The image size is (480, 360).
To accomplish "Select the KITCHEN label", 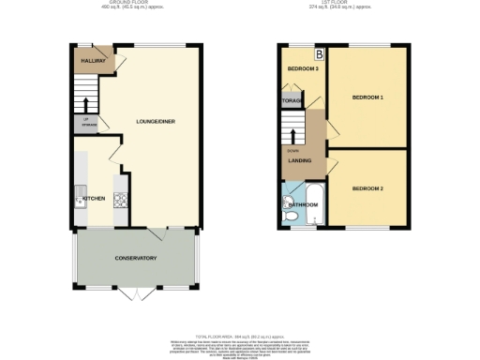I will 94,199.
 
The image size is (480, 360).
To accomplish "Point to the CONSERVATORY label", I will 135,258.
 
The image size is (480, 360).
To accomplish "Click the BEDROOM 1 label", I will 368,97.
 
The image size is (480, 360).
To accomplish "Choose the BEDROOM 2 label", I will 368,188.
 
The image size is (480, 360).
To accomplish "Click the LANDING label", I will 300,160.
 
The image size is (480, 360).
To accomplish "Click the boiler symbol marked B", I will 319,52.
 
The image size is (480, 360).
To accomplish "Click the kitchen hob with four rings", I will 119,199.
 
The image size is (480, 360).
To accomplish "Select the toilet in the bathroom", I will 292,217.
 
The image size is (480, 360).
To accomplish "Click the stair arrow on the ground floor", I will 85,105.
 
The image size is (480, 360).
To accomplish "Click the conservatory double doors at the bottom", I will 136,293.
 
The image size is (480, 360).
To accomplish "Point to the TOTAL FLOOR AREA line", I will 239,336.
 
